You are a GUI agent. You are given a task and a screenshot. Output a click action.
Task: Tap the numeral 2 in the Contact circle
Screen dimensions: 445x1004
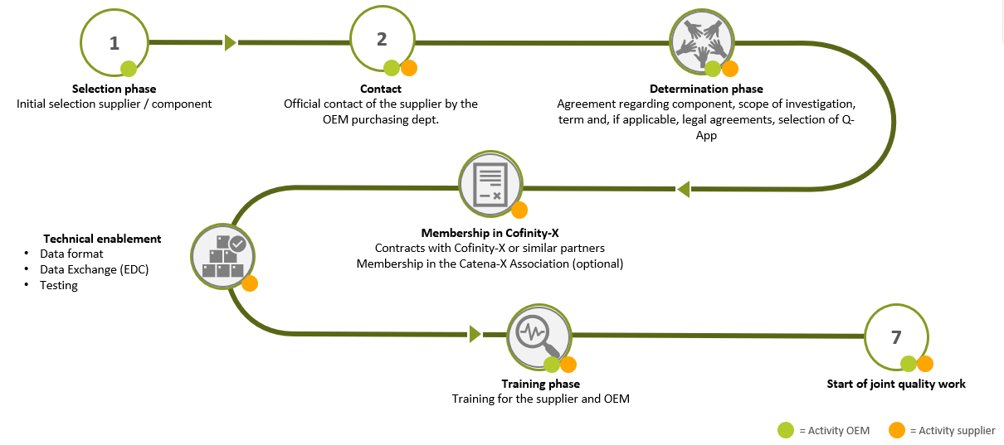click(x=382, y=40)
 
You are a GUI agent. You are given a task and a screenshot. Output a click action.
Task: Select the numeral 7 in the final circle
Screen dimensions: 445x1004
click(x=895, y=337)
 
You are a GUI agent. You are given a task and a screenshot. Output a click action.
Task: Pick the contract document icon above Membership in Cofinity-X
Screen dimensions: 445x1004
click(x=490, y=182)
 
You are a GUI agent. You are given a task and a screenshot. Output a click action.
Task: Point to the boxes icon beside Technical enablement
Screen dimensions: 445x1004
click(x=223, y=257)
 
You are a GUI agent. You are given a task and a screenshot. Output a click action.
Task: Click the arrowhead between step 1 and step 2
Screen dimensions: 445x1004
click(x=230, y=42)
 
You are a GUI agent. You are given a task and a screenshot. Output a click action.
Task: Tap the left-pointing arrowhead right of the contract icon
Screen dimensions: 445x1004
click(x=683, y=190)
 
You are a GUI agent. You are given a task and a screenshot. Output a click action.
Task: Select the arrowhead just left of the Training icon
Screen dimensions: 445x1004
click(x=475, y=334)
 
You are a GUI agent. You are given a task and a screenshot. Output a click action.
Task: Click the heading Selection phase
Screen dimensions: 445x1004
click(x=114, y=89)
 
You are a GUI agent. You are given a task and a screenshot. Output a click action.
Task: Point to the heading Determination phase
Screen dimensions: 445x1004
click(x=706, y=89)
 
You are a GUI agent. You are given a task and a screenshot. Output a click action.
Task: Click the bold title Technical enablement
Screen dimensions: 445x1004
click(x=102, y=239)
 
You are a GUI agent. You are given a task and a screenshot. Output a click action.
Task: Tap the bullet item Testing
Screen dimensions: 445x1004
click(x=59, y=285)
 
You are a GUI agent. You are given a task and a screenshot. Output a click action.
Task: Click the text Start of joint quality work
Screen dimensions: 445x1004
click(x=896, y=384)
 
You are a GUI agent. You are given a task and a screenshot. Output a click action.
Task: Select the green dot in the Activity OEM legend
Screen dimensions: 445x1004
click(x=785, y=430)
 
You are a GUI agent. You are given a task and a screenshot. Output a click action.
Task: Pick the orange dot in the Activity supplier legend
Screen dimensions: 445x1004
click(x=896, y=430)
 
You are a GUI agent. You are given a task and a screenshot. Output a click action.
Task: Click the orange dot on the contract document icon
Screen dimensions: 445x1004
click(x=519, y=210)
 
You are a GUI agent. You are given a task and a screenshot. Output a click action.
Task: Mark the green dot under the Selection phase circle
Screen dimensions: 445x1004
click(x=129, y=69)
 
